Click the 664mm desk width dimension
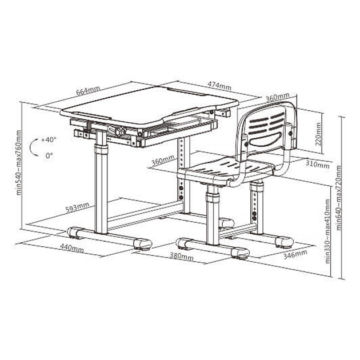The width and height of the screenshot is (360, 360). pyautogui.click(x=88, y=90)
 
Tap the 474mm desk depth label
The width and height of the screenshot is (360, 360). pyautogui.click(x=219, y=86)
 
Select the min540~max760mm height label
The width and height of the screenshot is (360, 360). pyautogui.click(x=18, y=162)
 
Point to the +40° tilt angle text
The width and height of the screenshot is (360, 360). pyautogui.click(x=49, y=139)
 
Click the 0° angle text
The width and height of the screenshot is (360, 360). pyautogui.click(x=49, y=155)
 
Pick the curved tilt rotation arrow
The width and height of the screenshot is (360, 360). pyautogui.click(x=33, y=147)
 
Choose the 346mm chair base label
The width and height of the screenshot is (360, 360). pyautogui.click(x=295, y=254)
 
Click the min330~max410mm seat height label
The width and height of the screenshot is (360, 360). pyautogui.click(x=327, y=231)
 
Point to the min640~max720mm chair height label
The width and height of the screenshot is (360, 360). pyautogui.click(x=339, y=198)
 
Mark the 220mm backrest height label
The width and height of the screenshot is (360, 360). pyautogui.click(x=318, y=134)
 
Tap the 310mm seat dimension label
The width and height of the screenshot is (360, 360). pyautogui.click(x=318, y=165)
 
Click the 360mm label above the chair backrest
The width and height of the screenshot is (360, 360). pyautogui.click(x=278, y=97)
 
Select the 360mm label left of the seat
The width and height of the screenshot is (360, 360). pyautogui.click(x=163, y=160)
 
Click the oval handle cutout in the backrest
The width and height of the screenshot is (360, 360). pyautogui.click(x=265, y=139)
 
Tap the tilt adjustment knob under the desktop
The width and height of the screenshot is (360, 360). pyautogui.click(x=120, y=132)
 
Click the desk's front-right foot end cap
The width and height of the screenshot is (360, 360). pyautogui.click(x=143, y=245)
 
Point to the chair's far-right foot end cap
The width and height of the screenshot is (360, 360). pyautogui.click(x=284, y=242)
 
